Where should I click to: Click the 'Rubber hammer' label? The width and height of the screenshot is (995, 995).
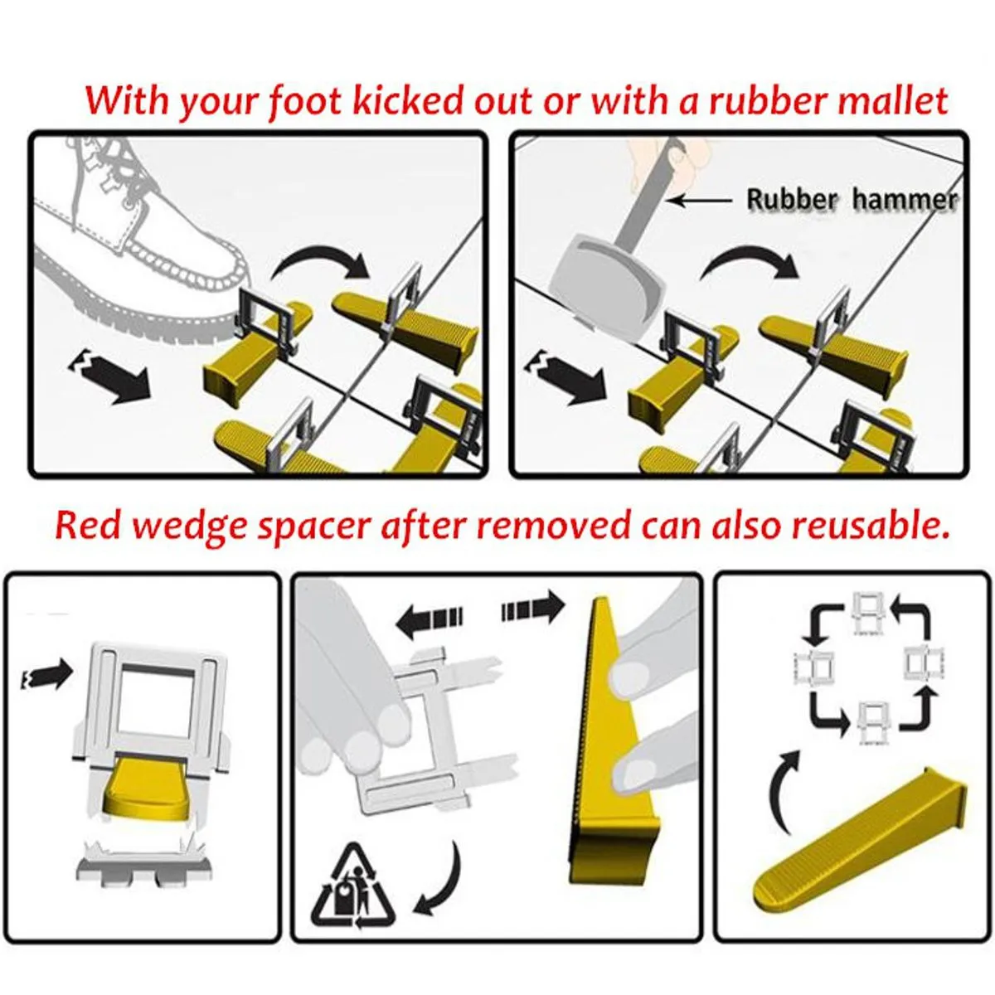(852, 199)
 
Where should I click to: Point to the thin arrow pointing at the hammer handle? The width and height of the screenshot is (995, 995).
(701, 200)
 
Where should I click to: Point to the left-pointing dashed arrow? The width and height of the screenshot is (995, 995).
(429, 616)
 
